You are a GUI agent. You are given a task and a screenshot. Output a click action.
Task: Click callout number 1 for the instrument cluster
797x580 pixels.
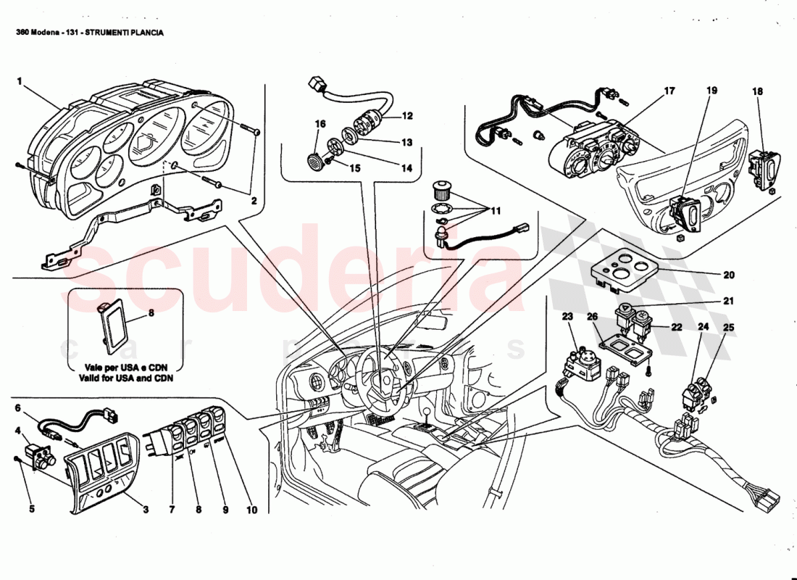(20, 81)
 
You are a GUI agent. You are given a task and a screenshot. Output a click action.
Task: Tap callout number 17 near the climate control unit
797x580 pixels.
(669, 91)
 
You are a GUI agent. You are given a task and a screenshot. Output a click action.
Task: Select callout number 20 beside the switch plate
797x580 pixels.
(729, 275)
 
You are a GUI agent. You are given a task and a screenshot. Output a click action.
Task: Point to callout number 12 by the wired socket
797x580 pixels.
(407, 116)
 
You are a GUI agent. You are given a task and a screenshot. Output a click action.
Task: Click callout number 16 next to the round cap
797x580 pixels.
(320, 125)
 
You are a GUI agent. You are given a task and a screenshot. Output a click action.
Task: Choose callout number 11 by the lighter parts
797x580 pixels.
(496, 211)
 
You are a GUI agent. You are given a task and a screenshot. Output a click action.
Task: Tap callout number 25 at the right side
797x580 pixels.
(728, 328)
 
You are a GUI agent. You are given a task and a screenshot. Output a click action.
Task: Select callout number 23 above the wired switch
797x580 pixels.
(567, 316)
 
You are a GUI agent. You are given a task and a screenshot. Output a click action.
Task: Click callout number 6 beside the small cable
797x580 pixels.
(19, 407)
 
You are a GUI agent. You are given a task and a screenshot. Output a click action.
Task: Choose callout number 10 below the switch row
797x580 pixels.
(251, 510)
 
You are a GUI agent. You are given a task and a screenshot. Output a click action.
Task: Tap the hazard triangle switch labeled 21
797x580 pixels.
(625, 313)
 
